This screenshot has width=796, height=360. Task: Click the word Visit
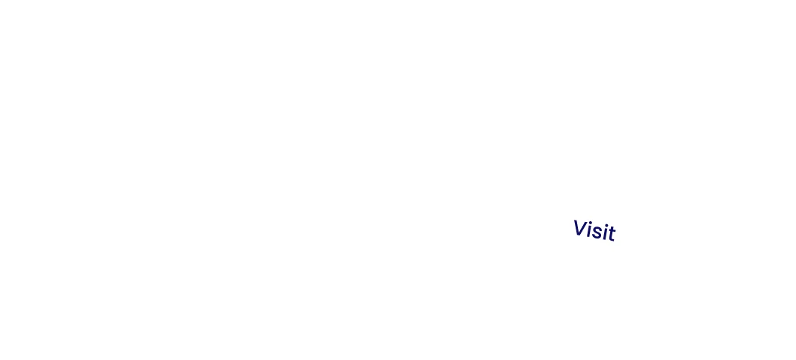(x=594, y=230)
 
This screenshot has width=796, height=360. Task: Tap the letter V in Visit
(x=579, y=227)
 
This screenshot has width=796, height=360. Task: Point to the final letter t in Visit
(x=611, y=234)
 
